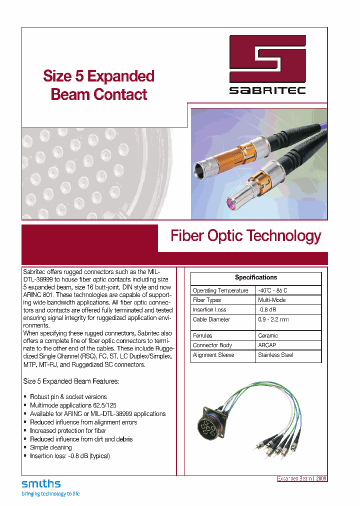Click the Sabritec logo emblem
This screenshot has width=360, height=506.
click(x=267, y=58)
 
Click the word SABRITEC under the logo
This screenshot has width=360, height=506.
click(x=267, y=91)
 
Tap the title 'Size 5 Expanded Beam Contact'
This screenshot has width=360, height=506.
click(x=98, y=85)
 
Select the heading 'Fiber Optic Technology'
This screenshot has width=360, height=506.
click(x=245, y=236)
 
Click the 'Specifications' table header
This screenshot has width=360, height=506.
click(x=256, y=277)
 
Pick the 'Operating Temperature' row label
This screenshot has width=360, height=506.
click(x=220, y=290)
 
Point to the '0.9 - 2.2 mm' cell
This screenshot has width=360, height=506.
click(x=274, y=319)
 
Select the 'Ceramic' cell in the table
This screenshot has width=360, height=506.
click(x=268, y=335)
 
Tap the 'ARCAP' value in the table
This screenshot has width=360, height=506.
click(x=267, y=345)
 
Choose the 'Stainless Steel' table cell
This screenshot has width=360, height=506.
click(x=275, y=355)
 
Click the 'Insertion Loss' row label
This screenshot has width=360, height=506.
click(x=210, y=309)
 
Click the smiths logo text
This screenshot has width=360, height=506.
click(x=41, y=483)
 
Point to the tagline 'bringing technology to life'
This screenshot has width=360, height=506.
click(x=50, y=494)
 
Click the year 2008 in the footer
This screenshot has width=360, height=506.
click(x=321, y=478)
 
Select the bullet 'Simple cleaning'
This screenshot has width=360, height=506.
click(x=50, y=447)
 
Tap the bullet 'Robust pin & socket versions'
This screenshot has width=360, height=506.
click(x=68, y=396)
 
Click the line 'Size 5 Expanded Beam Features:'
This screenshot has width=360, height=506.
click(x=71, y=381)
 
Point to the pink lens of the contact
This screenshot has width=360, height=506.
click(x=232, y=204)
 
